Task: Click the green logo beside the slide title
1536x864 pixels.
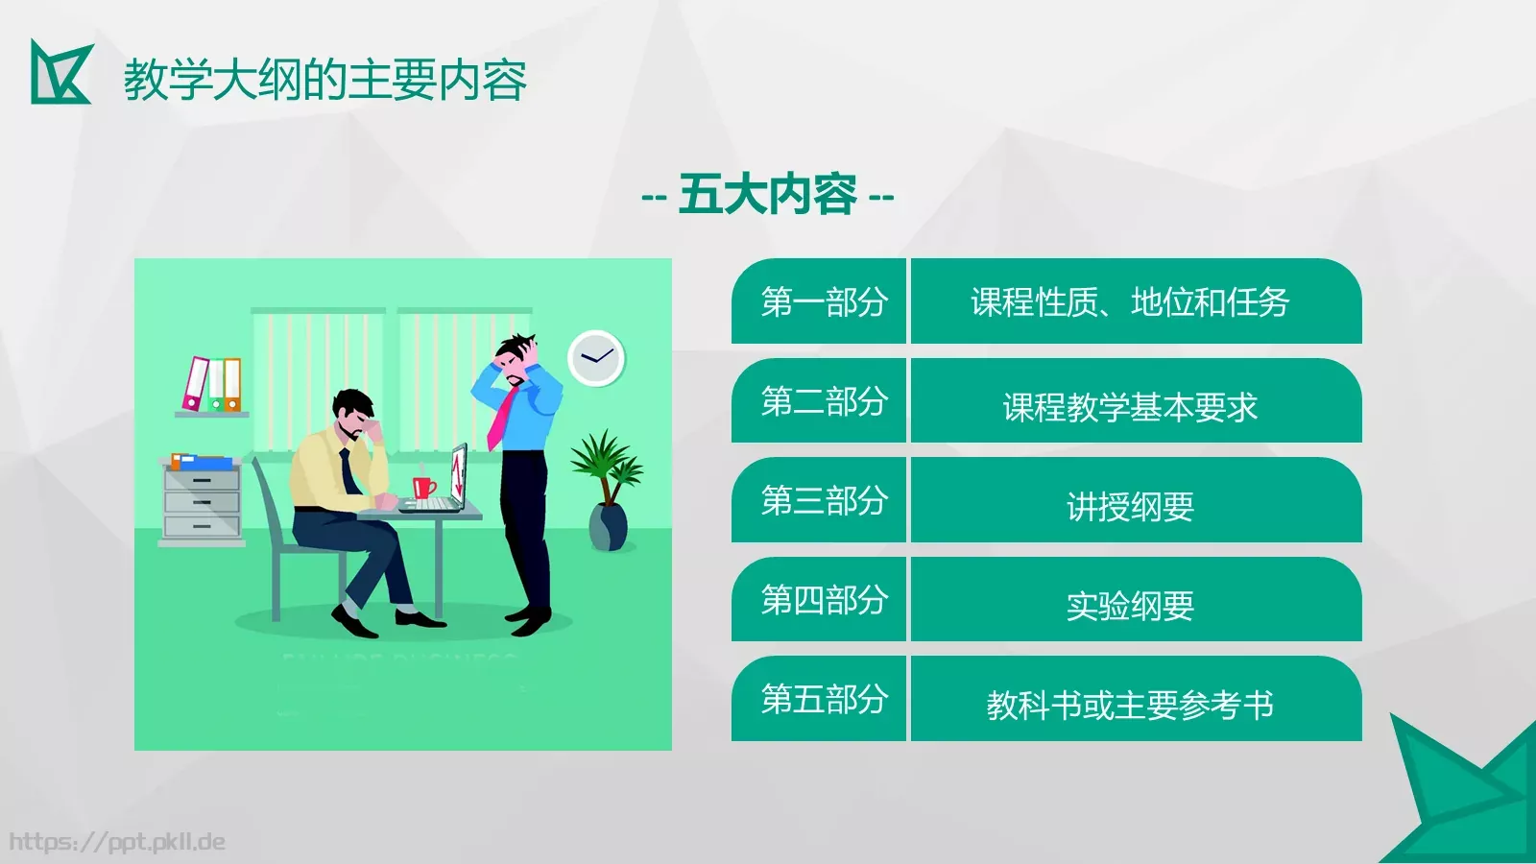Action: pyautogui.click(x=60, y=73)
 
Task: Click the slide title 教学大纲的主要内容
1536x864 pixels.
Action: pyautogui.click(x=324, y=80)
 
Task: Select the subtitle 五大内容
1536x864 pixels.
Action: pyautogui.click(x=767, y=195)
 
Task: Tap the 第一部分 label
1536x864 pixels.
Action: pyautogui.click(x=823, y=301)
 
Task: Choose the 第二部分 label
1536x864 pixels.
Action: pyautogui.click(x=823, y=401)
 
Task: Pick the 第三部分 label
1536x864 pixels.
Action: pyautogui.click(x=823, y=500)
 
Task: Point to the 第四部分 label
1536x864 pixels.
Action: pyautogui.click(x=823, y=600)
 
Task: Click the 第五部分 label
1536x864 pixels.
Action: pyautogui.click(x=823, y=699)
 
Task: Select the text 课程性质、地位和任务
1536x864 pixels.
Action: pyautogui.click(x=1130, y=302)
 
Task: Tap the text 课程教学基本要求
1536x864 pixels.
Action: pyautogui.click(x=1130, y=407)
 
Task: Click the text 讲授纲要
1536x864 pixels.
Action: pyautogui.click(x=1130, y=506)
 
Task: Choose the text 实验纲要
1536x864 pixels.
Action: pyautogui.click(x=1130, y=606)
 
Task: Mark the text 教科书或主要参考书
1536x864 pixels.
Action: pyautogui.click(x=1130, y=706)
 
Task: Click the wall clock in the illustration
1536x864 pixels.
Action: pyautogui.click(x=596, y=358)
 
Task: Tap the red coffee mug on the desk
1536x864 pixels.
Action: pyautogui.click(x=422, y=487)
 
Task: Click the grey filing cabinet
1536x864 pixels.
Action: pyautogui.click(x=202, y=501)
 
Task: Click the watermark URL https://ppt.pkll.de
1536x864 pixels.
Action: pyautogui.click(x=117, y=842)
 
